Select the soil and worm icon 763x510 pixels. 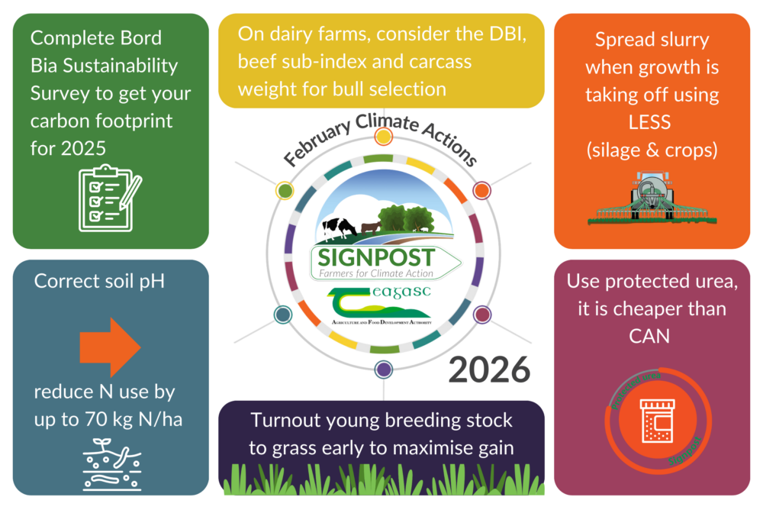click(x=111, y=464)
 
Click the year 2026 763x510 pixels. click(x=489, y=370)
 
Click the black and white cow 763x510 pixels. click(x=339, y=228)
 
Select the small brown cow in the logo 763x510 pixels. click(x=371, y=227)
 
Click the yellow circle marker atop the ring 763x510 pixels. click(x=384, y=137)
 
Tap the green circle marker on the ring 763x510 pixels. click(x=285, y=190)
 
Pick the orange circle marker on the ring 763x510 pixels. click(x=481, y=190)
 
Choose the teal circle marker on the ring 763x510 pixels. click(x=283, y=315)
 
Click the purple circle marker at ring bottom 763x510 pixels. click(x=384, y=370)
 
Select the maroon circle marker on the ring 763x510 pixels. click(x=482, y=314)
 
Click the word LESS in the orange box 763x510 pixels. click(x=652, y=123)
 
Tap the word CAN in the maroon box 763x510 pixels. click(x=652, y=335)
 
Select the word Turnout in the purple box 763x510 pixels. click(x=286, y=421)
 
